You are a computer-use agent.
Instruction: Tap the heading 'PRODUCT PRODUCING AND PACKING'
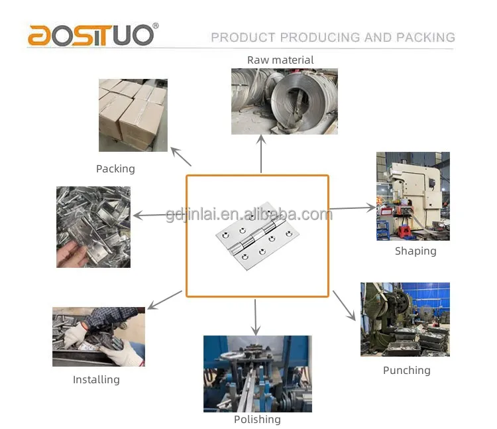point(333,37)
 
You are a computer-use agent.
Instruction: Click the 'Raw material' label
point(280,60)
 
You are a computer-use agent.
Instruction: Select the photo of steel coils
point(284,101)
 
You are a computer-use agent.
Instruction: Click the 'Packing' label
point(115,168)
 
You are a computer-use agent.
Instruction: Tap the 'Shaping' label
point(415,251)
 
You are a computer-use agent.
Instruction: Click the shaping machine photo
point(413,196)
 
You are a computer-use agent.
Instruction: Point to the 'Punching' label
point(406,370)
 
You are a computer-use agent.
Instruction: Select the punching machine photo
point(405,319)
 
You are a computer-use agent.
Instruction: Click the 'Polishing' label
point(257,419)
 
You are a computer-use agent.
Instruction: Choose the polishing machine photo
point(257,373)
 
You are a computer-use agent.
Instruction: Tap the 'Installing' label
point(96,379)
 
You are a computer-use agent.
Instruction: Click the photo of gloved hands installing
point(99,336)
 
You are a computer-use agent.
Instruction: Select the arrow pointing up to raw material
point(261,154)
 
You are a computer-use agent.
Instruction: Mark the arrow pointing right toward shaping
point(352,208)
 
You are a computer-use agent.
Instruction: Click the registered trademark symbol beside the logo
point(156,26)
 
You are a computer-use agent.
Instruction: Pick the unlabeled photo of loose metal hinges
point(93,227)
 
